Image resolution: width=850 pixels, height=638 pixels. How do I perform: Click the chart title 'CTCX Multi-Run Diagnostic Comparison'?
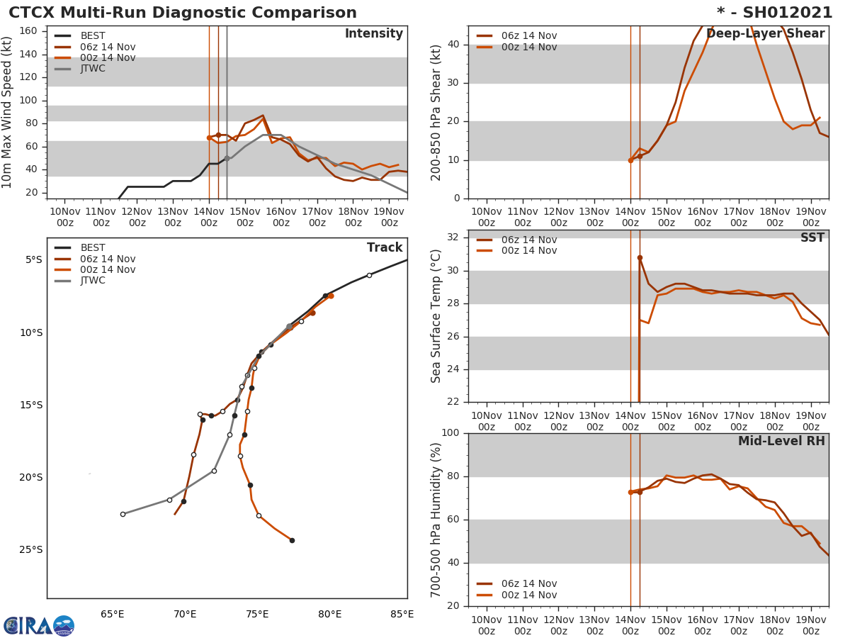183,13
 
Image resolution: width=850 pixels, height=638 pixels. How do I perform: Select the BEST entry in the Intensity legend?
92,36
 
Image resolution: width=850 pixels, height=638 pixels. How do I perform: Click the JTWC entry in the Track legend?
92,281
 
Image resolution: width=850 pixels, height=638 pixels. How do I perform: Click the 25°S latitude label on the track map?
30,550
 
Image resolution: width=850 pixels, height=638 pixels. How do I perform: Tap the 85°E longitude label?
402,614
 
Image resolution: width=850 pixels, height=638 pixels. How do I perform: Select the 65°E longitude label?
112,614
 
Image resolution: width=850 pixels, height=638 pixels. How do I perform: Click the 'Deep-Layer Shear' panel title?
765,34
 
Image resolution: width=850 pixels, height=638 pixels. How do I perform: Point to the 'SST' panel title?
812,238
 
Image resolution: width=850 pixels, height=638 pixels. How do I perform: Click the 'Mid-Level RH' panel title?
781,441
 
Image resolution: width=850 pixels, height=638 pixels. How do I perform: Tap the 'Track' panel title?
384,248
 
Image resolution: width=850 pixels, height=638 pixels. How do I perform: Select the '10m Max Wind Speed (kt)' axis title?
8,112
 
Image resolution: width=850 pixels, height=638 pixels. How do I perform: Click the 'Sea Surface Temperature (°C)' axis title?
436,315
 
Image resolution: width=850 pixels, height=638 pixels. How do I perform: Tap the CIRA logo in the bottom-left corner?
39,625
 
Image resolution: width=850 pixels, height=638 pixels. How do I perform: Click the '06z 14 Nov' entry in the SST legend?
528,240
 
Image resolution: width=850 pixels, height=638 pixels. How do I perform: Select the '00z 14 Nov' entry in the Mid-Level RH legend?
528,595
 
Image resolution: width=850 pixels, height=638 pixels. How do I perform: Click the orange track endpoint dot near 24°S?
292,540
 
